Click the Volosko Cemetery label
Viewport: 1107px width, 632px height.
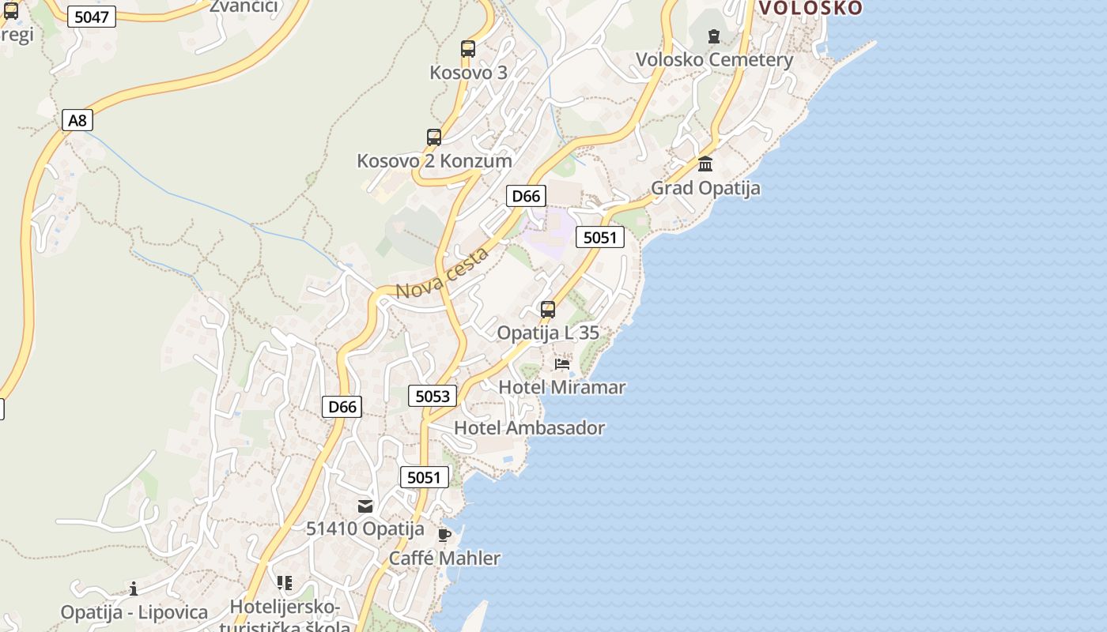(714, 60)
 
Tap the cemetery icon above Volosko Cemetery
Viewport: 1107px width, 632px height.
(714, 36)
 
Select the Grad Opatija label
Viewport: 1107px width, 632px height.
(705, 188)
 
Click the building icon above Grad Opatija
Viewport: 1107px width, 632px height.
(705, 164)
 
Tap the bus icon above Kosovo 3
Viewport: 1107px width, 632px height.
(468, 49)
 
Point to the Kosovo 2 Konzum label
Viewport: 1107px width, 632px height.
(434, 161)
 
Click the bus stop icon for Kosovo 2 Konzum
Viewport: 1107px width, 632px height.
(434, 137)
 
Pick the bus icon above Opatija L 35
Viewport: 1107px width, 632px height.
(548, 310)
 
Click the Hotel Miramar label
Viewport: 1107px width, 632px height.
(561, 387)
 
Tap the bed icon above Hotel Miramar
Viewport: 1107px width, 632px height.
(562, 364)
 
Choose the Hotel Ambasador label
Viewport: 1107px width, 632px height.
(529, 428)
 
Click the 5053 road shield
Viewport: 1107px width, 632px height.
(433, 396)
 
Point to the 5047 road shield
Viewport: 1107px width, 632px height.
(92, 17)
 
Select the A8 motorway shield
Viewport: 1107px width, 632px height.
(77, 120)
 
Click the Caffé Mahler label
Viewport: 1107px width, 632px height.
(444, 559)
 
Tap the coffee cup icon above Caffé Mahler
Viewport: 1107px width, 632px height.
(444, 535)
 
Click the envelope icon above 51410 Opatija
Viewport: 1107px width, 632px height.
(365, 506)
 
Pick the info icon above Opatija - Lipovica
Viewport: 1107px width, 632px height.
(134, 589)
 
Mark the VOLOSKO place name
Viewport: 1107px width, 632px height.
(810, 8)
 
